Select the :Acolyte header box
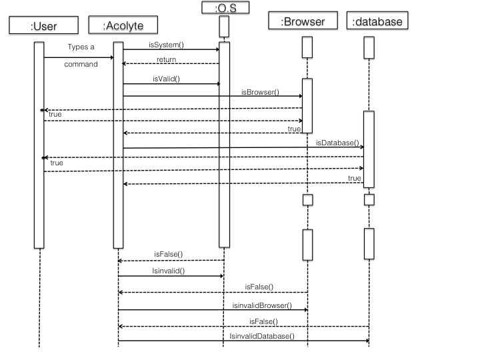tap(124, 26)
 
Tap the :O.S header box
tap(224, 8)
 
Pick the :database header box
tap(377, 22)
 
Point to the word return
tap(167, 60)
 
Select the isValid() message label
tap(166, 79)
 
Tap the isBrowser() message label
tap(260, 92)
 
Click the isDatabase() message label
tap(337, 143)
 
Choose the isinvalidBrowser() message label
tap(261, 305)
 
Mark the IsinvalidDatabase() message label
tap(262, 337)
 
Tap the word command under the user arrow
tap(81, 65)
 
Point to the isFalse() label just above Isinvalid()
tap(168, 255)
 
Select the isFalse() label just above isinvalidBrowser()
tap(259, 287)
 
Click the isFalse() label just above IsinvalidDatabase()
tap(263, 321)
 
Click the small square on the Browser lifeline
tap(307, 199)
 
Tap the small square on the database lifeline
tap(369, 199)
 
